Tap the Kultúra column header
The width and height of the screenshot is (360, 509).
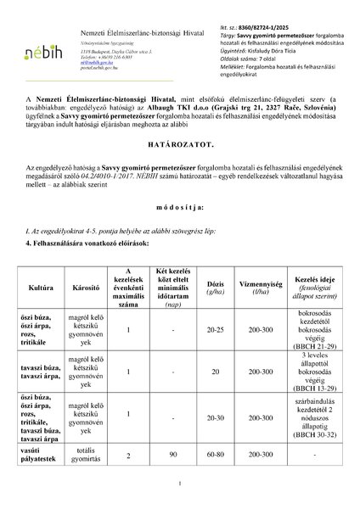[x=40, y=299]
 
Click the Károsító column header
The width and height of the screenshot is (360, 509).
[x=87, y=299]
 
